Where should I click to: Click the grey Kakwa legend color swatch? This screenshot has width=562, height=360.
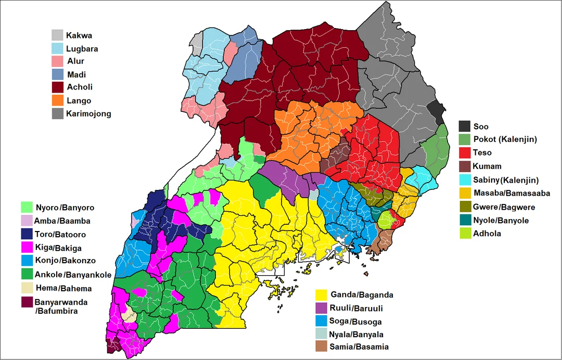point(57,35)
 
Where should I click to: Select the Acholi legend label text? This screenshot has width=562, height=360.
point(80,87)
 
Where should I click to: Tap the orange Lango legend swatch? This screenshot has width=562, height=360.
point(57,100)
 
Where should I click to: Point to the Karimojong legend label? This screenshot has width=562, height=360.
point(88,114)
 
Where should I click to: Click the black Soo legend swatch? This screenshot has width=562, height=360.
point(464,126)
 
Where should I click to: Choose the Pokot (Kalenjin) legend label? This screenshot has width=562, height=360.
point(505,139)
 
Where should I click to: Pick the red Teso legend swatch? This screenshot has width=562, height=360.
point(464,152)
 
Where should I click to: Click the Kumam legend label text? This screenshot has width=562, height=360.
point(487,166)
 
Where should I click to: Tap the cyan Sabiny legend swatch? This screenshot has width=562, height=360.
point(464,180)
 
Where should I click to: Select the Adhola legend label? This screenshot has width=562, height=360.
point(487,234)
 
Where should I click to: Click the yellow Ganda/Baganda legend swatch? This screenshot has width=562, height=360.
point(321,295)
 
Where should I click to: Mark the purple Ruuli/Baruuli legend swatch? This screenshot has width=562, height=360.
point(321,308)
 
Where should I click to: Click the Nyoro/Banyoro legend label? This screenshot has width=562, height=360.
point(65,208)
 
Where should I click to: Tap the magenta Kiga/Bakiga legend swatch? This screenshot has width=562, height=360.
point(27,248)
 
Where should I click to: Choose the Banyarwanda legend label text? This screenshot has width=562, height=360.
point(61,302)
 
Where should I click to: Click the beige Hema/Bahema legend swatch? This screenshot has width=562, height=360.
point(27,288)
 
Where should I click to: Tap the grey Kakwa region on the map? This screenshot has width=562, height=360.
point(196,40)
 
